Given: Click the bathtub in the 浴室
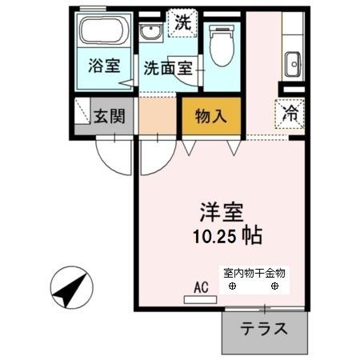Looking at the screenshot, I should pyautogui.click(x=103, y=31).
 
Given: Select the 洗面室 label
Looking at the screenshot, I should pyautogui.click(x=167, y=69).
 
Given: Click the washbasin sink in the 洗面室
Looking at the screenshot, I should pyautogui.click(x=150, y=34).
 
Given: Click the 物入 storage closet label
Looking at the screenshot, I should pyautogui.click(x=211, y=115).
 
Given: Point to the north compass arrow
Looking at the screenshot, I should pyautogui.click(x=70, y=290).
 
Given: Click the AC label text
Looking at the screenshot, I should pyautogui.click(x=200, y=286).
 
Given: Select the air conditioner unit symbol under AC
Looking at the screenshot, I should pyautogui.click(x=200, y=299).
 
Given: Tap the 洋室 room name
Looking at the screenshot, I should pyautogui.click(x=222, y=214).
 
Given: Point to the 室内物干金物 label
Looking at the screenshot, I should pyautogui.click(x=253, y=273).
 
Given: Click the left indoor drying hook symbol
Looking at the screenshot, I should pyautogui.click(x=232, y=286).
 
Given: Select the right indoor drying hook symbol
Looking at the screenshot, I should pyautogui.click(x=275, y=286).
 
